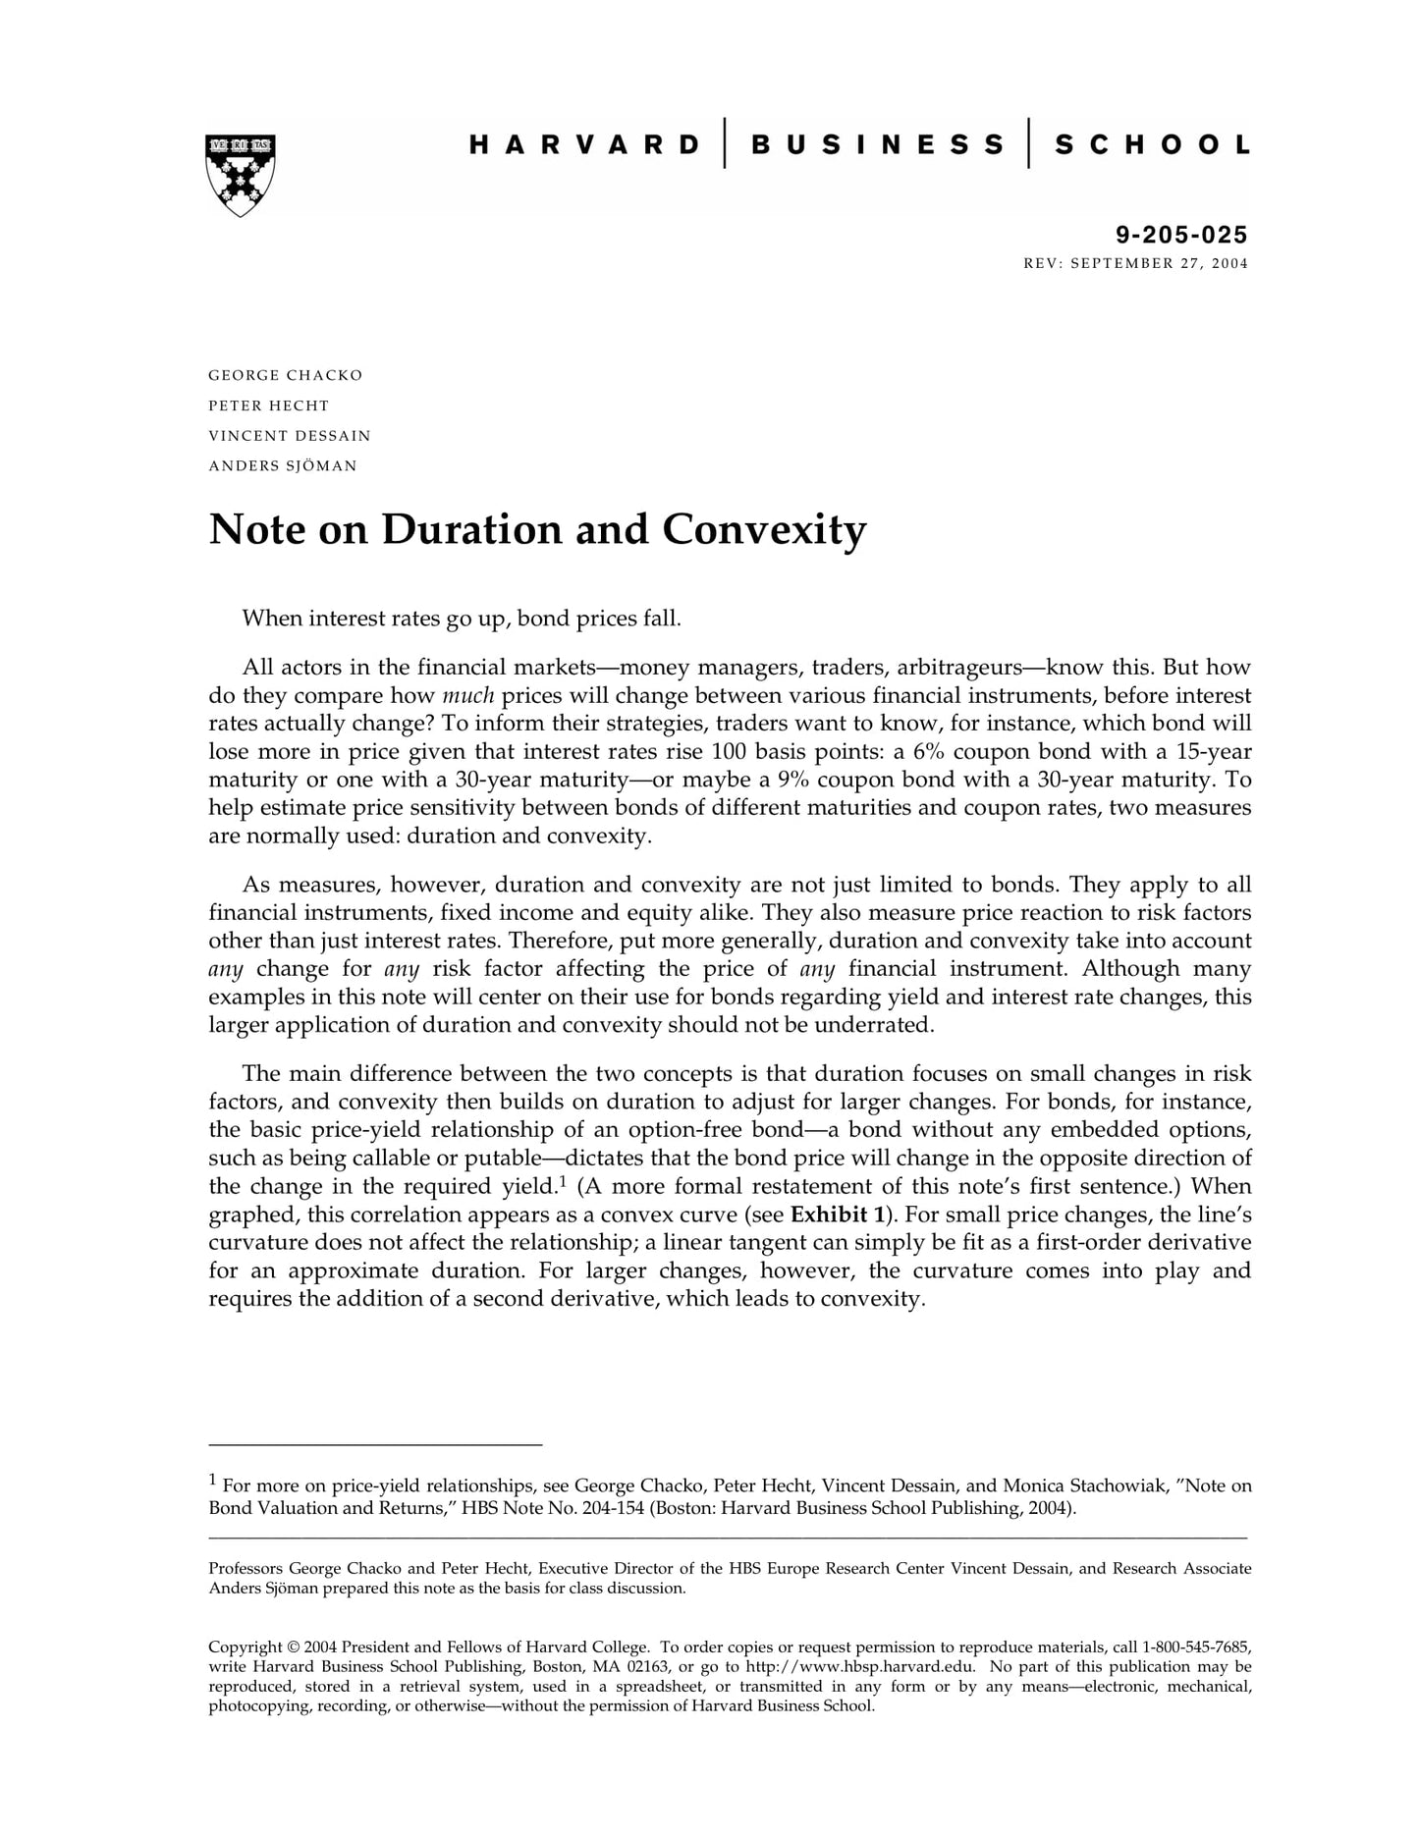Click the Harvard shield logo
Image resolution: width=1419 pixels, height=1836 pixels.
[240, 175]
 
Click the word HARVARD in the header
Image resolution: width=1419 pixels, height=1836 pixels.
[584, 145]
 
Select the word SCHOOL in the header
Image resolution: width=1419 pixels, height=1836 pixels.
[1152, 145]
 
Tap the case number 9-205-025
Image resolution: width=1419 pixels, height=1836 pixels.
[1181, 235]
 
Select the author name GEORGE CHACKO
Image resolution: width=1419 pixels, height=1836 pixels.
[285, 375]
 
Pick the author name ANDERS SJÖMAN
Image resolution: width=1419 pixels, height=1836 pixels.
[283, 465]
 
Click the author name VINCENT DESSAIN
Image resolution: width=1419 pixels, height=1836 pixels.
[290, 435]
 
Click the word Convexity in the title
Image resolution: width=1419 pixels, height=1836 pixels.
[764, 530]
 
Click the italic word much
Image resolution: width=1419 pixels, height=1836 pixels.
[467, 696]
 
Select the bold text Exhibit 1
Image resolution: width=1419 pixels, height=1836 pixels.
[837, 1215]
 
